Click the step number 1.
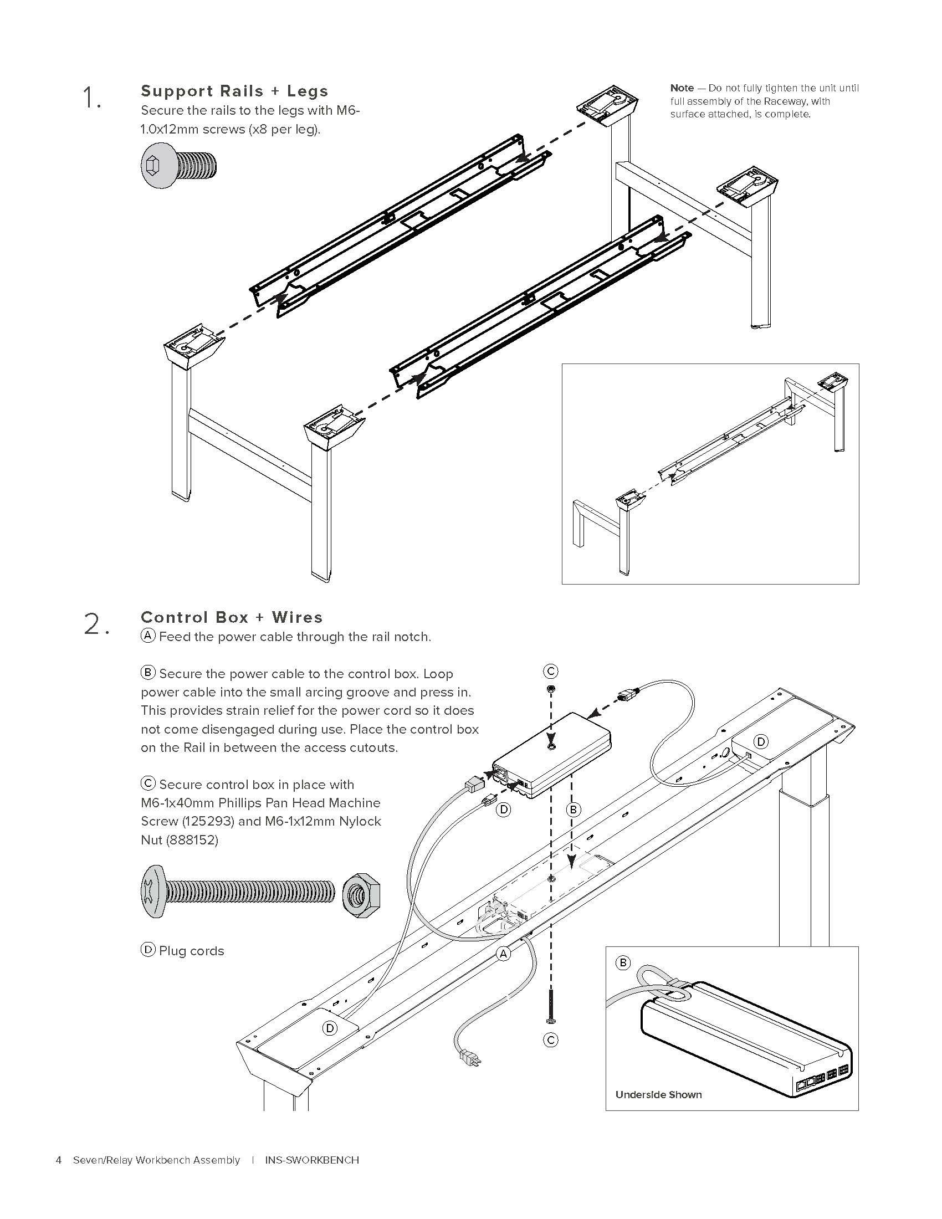point(91,99)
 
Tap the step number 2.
point(95,624)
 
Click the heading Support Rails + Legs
point(234,91)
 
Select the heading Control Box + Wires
point(232,617)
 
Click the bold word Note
point(682,88)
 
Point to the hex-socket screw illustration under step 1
point(178,166)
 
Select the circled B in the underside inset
point(623,963)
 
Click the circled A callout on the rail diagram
point(503,954)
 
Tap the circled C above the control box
point(550,671)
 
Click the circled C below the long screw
point(550,1040)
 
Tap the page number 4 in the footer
point(59,1160)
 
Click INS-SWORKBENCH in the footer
point(312,1160)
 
